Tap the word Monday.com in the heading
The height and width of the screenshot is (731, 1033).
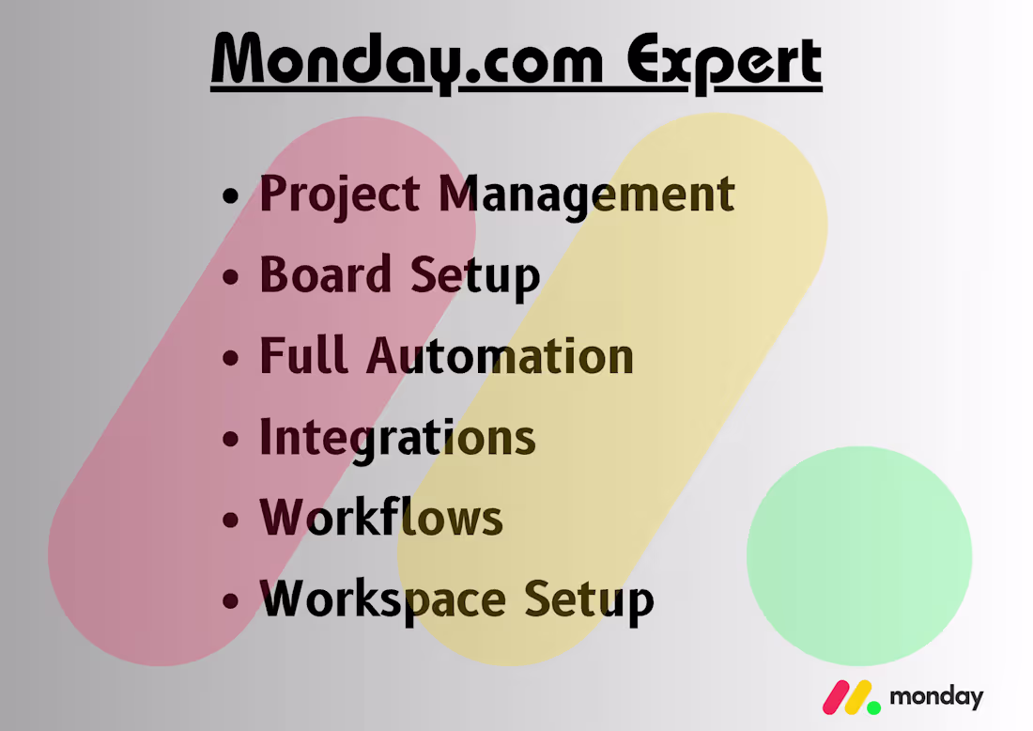pyautogui.click(x=406, y=62)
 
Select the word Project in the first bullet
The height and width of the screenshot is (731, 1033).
pyautogui.click(x=340, y=194)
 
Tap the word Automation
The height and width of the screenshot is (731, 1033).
pyautogui.click(x=500, y=356)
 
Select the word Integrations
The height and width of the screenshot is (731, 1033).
pyautogui.click(x=397, y=437)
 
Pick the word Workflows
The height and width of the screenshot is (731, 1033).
pyautogui.click(x=381, y=518)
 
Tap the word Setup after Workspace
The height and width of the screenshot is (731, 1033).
pyautogui.click(x=588, y=599)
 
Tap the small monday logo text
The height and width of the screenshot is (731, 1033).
pyautogui.click(x=935, y=698)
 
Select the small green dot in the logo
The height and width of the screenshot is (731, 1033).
pyautogui.click(x=873, y=706)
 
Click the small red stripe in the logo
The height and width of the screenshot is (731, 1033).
pyautogui.click(x=835, y=696)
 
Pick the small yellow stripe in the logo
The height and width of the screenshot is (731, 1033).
pyautogui.click(x=856, y=696)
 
